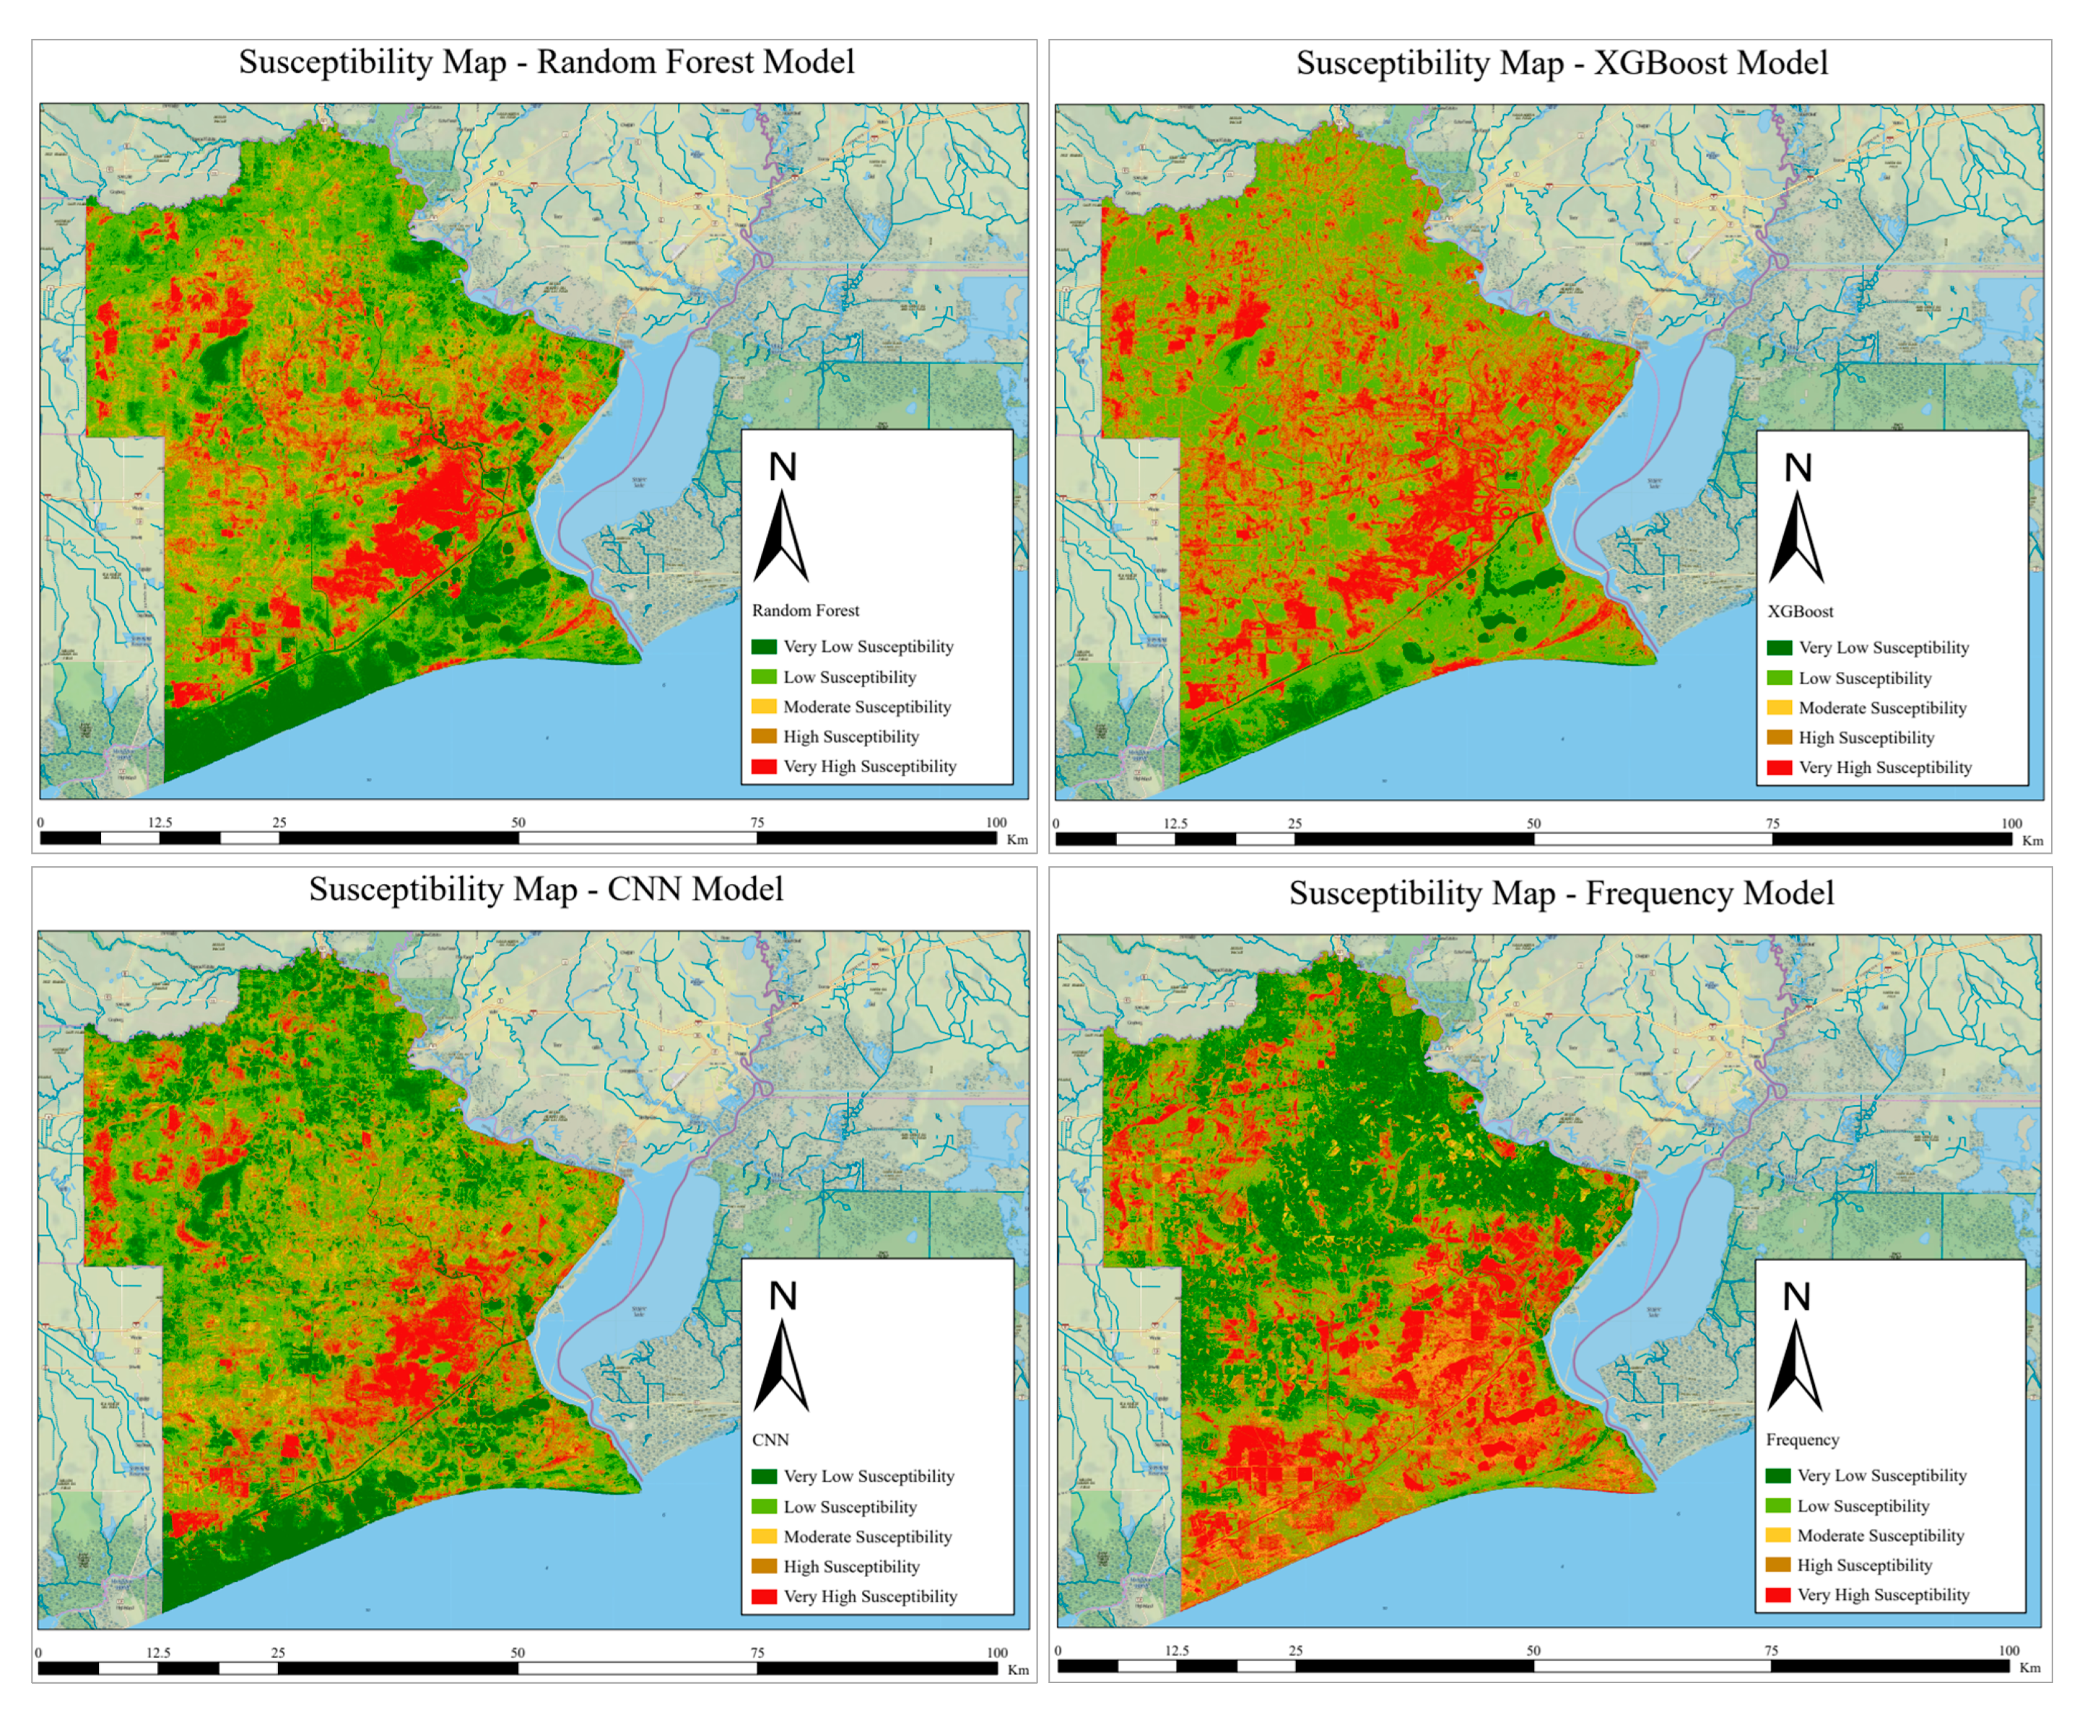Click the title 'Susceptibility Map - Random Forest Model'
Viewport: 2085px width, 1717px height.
click(x=546, y=62)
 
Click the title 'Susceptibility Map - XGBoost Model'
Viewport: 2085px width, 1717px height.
click(x=1561, y=64)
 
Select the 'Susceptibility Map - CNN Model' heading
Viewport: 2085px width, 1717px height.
click(x=546, y=889)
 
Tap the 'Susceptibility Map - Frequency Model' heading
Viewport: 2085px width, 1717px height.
click(x=1561, y=893)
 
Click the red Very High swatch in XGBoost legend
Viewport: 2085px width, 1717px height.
click(x=1780, y=767)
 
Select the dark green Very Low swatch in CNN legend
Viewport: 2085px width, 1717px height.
click(x=764, y=1477)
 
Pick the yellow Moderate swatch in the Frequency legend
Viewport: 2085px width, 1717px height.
click(x=1777, y=1536)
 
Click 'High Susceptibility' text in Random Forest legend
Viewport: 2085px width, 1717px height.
click(x=850, y=737)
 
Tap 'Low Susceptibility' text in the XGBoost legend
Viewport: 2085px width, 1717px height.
click(x=1864, y=678)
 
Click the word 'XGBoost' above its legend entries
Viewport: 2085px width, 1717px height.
click(x=1800, y=611)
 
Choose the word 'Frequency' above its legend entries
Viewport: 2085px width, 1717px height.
click(x=1802, y=1440)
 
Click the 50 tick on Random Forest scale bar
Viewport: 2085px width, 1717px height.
click(x=518, y=823)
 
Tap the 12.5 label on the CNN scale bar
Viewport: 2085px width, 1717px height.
click(x=158, y=1653)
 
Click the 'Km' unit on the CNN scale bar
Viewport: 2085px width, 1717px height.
click(x=1018, y=1671)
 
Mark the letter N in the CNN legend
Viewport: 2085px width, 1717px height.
click(x=783, y=1296)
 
